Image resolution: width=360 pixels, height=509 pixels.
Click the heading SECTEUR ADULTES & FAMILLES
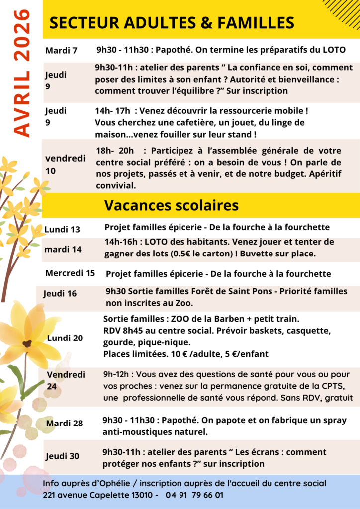(172, 22)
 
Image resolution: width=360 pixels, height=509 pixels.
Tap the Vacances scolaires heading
(172, 205)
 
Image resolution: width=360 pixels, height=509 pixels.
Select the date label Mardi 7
(61, 50)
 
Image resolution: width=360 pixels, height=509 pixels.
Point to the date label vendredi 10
(65, 164)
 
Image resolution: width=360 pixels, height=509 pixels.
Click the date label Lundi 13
(62, 229)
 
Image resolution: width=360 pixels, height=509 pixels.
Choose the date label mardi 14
(63, 249)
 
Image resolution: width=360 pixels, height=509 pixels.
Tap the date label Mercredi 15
(70, 273)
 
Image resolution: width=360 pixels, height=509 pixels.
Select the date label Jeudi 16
(60, 293)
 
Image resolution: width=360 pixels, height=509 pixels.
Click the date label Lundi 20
(65, 338)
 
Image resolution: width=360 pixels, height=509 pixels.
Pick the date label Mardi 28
(64, 423)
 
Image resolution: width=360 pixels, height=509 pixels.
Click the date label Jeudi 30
(62, 456)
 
